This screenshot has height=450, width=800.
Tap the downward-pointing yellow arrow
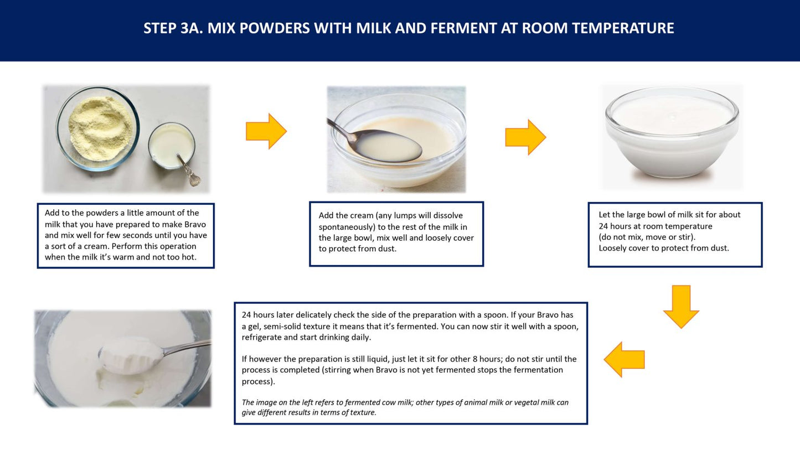681,307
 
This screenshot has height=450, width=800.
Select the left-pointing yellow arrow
624,359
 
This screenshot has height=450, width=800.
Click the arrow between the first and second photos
266,131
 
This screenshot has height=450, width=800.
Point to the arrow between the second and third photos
525,137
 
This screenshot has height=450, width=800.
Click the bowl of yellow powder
97,128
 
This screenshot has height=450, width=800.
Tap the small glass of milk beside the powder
172,146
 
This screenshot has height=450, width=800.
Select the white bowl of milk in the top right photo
672,132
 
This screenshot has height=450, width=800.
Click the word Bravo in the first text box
195,224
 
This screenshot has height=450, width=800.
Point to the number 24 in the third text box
603,226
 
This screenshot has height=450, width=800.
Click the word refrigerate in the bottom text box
261,338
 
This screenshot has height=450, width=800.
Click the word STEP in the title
160,28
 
